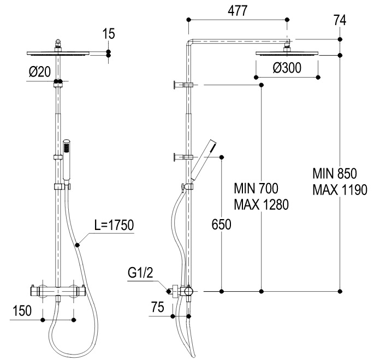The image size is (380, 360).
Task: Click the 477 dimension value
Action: (238, 11)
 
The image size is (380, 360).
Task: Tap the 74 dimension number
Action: (340, 20)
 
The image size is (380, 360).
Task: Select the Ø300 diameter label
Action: (287, 68)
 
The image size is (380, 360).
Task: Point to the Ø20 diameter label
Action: (40, 72)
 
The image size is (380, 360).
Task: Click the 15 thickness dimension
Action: (108, 34)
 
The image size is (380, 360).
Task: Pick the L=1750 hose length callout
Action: (114, 225)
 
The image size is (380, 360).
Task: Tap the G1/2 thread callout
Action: (140, 273)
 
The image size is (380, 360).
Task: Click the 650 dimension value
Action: (221, 225)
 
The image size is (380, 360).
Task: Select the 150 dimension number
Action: (22, 311)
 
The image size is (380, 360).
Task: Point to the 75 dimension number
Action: (158, 307)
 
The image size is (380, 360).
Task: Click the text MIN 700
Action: (256, 188)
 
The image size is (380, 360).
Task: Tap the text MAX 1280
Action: (261, 205)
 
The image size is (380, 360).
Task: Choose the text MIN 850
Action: (335, 174)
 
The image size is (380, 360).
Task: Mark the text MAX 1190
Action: (340, 190)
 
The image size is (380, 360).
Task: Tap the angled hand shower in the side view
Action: (203, 160)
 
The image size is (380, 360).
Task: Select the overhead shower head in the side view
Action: (287, 52)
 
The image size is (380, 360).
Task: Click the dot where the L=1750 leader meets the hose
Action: (78, 245)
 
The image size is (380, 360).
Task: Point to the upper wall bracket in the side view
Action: (183, 85)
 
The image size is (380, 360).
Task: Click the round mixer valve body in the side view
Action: (188, 291)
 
